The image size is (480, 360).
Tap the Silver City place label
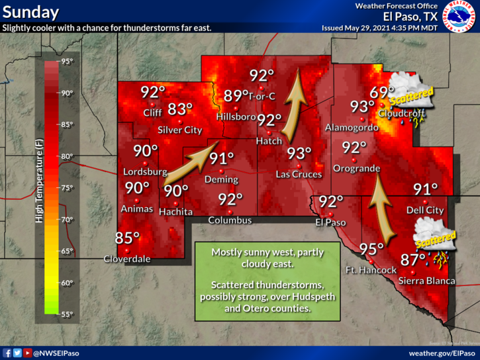pos(179,130)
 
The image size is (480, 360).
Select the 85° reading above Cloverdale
pos(128,238)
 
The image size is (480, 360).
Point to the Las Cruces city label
pos(299,174)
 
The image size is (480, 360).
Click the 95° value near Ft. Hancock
pos(371,249)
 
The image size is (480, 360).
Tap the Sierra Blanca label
pos(427,281)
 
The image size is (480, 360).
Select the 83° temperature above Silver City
pos(179,109)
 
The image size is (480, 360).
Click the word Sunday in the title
pos(30,12)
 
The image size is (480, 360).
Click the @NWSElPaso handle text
pos(56,353)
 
